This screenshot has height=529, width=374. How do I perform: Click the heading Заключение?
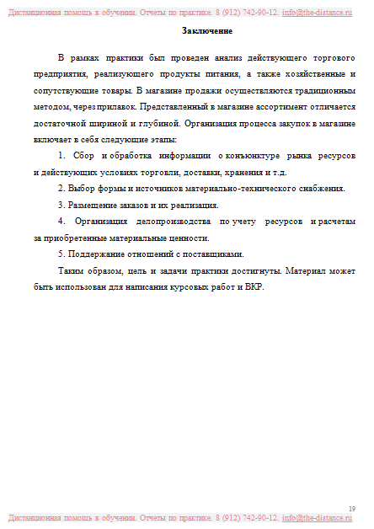pyautogui.click(x=206, y=31)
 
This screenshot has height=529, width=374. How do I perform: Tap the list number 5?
pyautogui.click(x=61, y=254)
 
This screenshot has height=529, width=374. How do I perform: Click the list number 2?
pyautogui.click(x=61, y=188)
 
